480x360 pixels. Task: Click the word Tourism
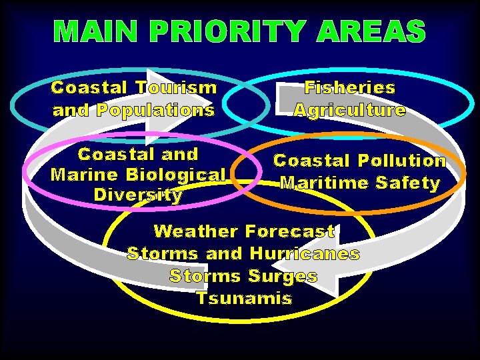176,87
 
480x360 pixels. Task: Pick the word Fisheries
350,87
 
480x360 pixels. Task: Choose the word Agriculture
350,109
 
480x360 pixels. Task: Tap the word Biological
177,175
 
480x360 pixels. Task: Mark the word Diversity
138,195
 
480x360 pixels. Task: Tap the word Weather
195,231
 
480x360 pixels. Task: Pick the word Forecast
290,231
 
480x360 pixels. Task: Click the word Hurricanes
305,253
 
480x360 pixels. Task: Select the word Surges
283,275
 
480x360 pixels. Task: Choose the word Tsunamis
244,298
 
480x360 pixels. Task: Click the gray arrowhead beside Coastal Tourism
164,93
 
